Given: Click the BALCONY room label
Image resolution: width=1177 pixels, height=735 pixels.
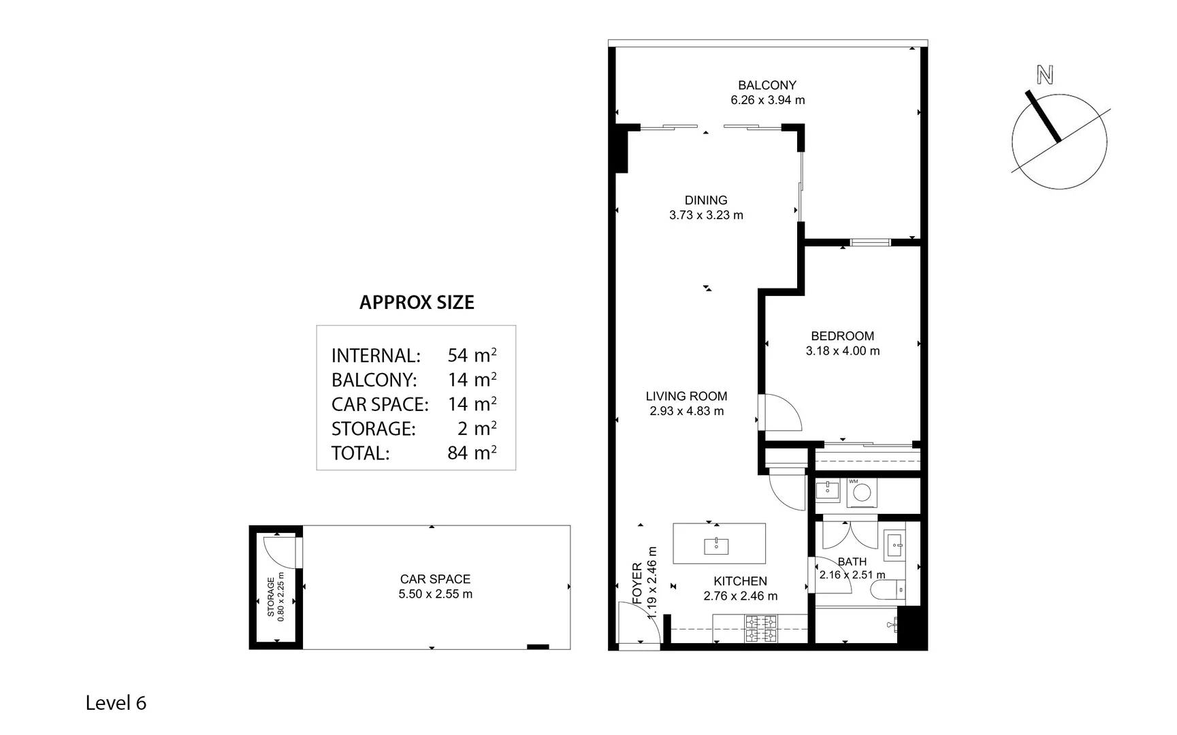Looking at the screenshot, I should pyautogui.click(x=767, y=85).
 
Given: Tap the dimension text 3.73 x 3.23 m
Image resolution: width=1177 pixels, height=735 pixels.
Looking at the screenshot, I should pyautogui.click(x=706, y=215).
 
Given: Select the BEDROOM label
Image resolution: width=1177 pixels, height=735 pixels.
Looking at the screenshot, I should pyautogui.click(x=842, y=336).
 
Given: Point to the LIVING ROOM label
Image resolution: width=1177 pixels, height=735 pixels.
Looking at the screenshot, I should pyautogui.click(x=686, y=396).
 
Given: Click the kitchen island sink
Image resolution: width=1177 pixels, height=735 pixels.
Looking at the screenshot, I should pyautogui.click(x=716, y=545).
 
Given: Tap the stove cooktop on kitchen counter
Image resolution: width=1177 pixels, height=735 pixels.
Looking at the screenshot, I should pyautogui.click(x=761, y=629).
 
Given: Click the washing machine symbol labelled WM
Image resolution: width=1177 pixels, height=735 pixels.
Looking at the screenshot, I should pyautogui.click(x=862, y=493).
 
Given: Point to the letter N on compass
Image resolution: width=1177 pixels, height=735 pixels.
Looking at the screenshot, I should pyautogui.click(x=1044, y=75).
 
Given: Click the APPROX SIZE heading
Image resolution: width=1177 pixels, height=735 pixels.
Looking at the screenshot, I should pyautogui.click(x=417, y=302).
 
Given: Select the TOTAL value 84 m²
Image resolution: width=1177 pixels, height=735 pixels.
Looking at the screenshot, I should pyautogui.click(x=471, y=453).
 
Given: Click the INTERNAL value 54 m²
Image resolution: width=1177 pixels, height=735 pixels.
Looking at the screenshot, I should pyautogui.click(x=471, y=355).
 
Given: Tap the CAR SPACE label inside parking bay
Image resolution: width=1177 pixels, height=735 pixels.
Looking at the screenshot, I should pyautogui.click(x=435, y=579).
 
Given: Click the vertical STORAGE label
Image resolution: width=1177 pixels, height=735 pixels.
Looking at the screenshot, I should pyautogui.click(x=271, y=597).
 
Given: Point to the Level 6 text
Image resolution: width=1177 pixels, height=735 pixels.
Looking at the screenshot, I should pyautogui.click(x=116, y=703).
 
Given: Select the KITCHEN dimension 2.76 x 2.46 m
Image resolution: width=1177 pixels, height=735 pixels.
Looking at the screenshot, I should pyautogui.click(x=740, y=596).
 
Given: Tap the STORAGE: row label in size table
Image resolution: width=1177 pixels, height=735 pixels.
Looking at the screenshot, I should pyautogui.click(x=373, y=429).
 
